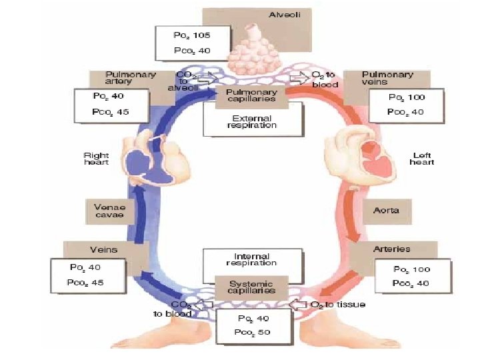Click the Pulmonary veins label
(x=387, y=79)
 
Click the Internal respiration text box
(x=251, y=260)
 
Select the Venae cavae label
(x=109, y=211)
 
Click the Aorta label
(x=386, y=211)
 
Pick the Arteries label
(x=392, y=249)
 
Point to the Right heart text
(x=97, y=159)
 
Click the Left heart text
(x=421, y=159)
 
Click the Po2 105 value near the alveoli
(x=192, y=35)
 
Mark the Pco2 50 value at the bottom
(x=253, y=332)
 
